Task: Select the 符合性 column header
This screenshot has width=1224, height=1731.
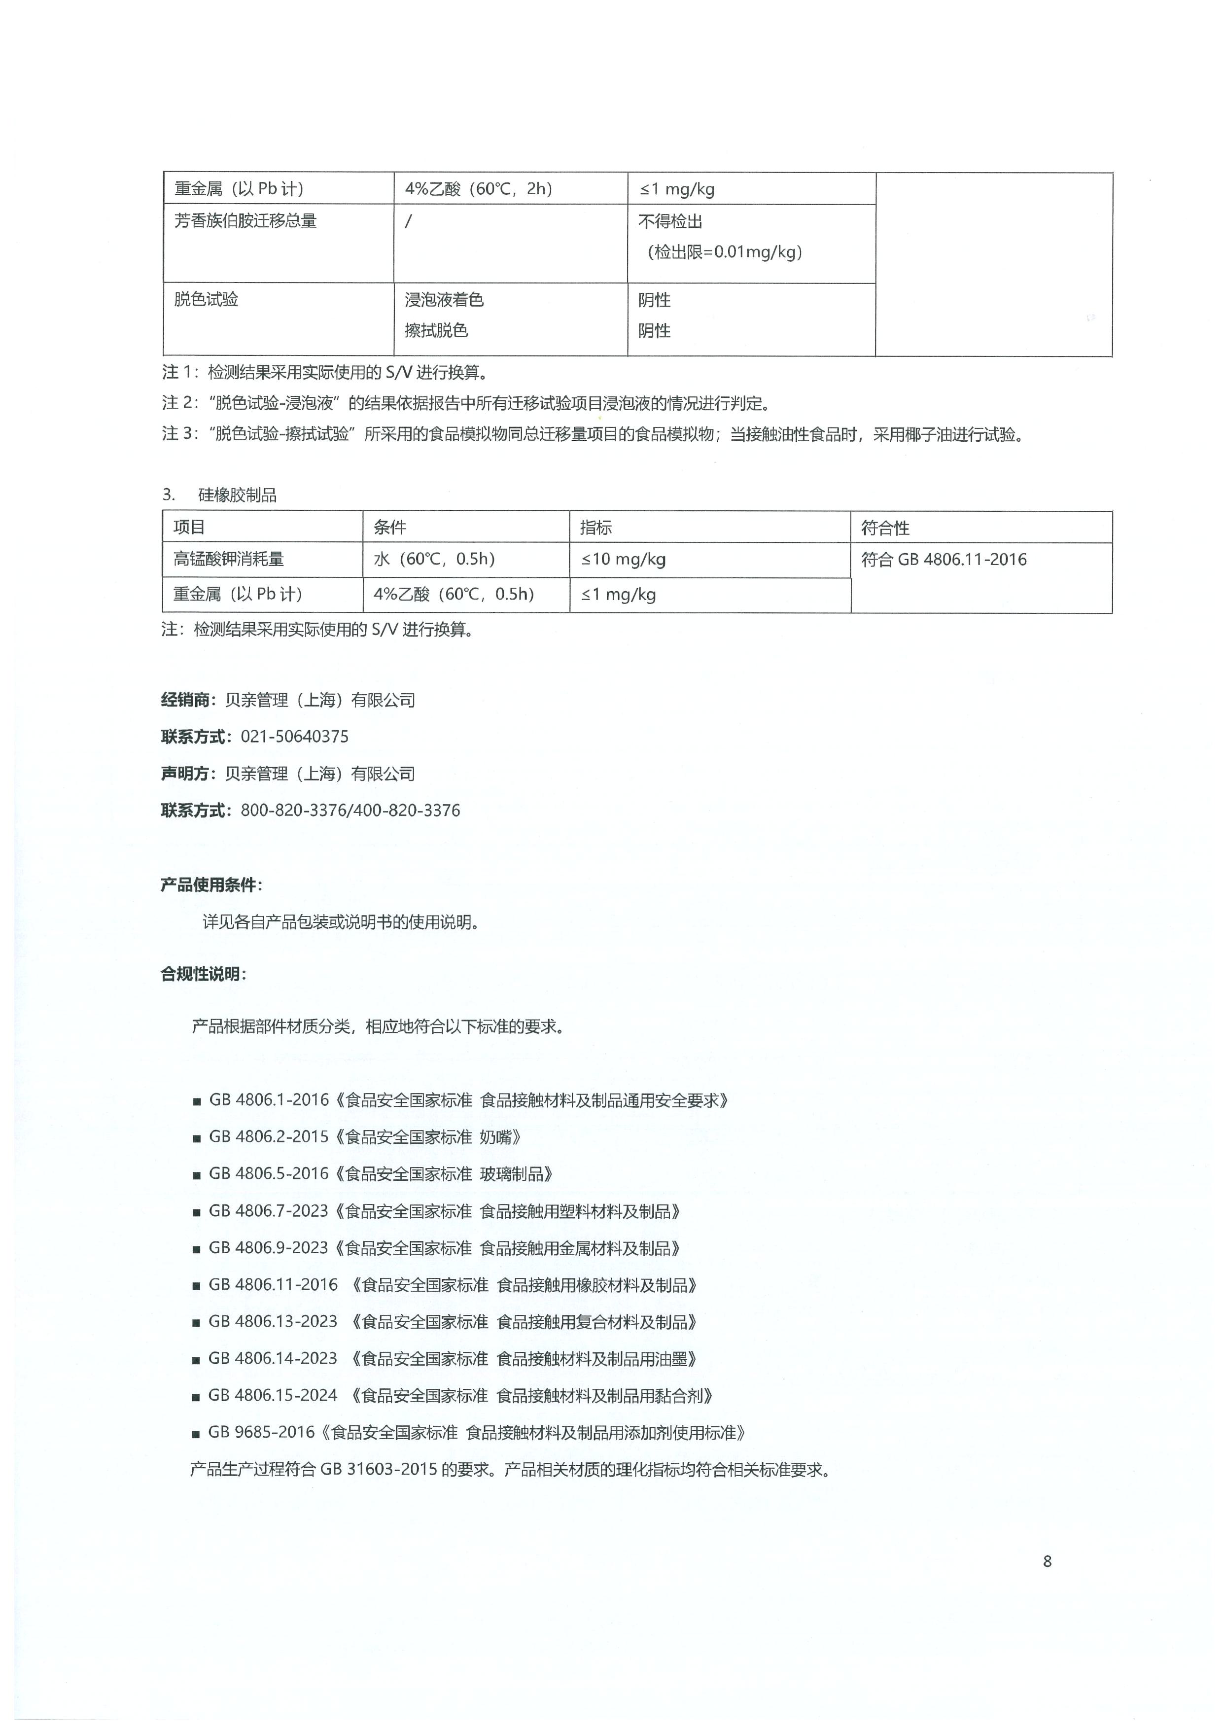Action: tap(886, 528)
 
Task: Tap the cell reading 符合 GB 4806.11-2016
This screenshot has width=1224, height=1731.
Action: tap(944, 560)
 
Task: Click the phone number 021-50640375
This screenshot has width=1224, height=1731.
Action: tap(295, 737)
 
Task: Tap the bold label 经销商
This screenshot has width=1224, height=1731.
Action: tap(185, 701)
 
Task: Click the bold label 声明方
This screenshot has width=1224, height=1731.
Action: tap(185, 774)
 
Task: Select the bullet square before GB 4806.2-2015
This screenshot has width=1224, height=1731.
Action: tap(197, 1138)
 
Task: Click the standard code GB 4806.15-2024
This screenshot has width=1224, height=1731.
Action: tap(273, 1396)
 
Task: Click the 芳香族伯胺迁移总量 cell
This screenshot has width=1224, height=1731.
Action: tap(245, 221)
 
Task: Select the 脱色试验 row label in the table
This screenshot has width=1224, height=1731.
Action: tap(206, 299)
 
